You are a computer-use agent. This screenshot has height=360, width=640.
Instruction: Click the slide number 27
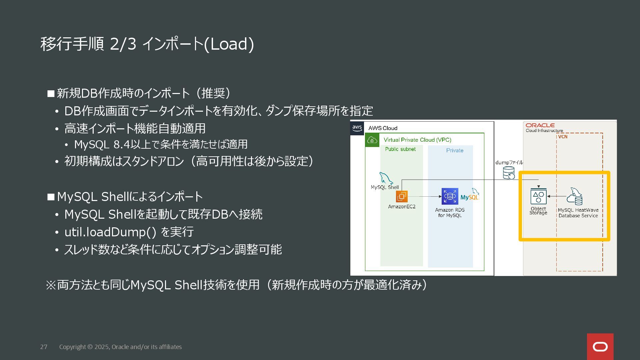44,347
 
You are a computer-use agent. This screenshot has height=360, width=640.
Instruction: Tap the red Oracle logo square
600,347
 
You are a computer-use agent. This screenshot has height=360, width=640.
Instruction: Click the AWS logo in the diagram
357,128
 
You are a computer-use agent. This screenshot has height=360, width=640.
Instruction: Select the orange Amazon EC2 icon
402,196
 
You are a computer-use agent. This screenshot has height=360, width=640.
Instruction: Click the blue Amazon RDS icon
450,196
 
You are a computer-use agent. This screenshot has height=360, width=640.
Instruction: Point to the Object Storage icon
538,197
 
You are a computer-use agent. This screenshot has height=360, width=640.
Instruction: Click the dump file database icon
509,173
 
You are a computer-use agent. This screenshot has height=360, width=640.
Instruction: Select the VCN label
563,137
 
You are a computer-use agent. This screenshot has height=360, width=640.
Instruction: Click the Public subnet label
400,149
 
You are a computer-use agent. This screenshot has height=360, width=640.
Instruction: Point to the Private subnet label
455,150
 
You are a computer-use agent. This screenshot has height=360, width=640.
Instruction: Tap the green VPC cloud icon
372,140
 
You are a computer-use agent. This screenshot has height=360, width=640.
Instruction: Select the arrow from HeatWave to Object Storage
556,196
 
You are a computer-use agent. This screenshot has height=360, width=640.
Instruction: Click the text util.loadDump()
110,232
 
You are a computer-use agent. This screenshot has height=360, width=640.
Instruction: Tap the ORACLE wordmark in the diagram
540,125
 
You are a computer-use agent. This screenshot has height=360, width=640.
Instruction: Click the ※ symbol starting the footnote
51,285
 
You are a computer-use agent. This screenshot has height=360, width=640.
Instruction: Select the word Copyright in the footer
72,347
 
